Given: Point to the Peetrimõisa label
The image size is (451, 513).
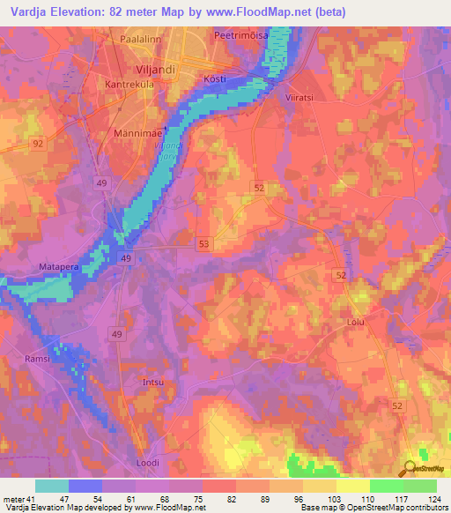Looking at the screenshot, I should pyautogui.click(x=240, y=35).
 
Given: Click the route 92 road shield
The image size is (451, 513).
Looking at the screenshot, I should pyautogui.click(x=38, y=142).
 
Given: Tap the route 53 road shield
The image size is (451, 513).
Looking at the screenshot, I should pyautogui.click(x=204, y=242).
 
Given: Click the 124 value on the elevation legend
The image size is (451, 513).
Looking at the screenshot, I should pyautogui.click(x=434, y=498).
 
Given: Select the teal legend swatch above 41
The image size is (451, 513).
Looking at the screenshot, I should pyautogui.click(x=52, y=486).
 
